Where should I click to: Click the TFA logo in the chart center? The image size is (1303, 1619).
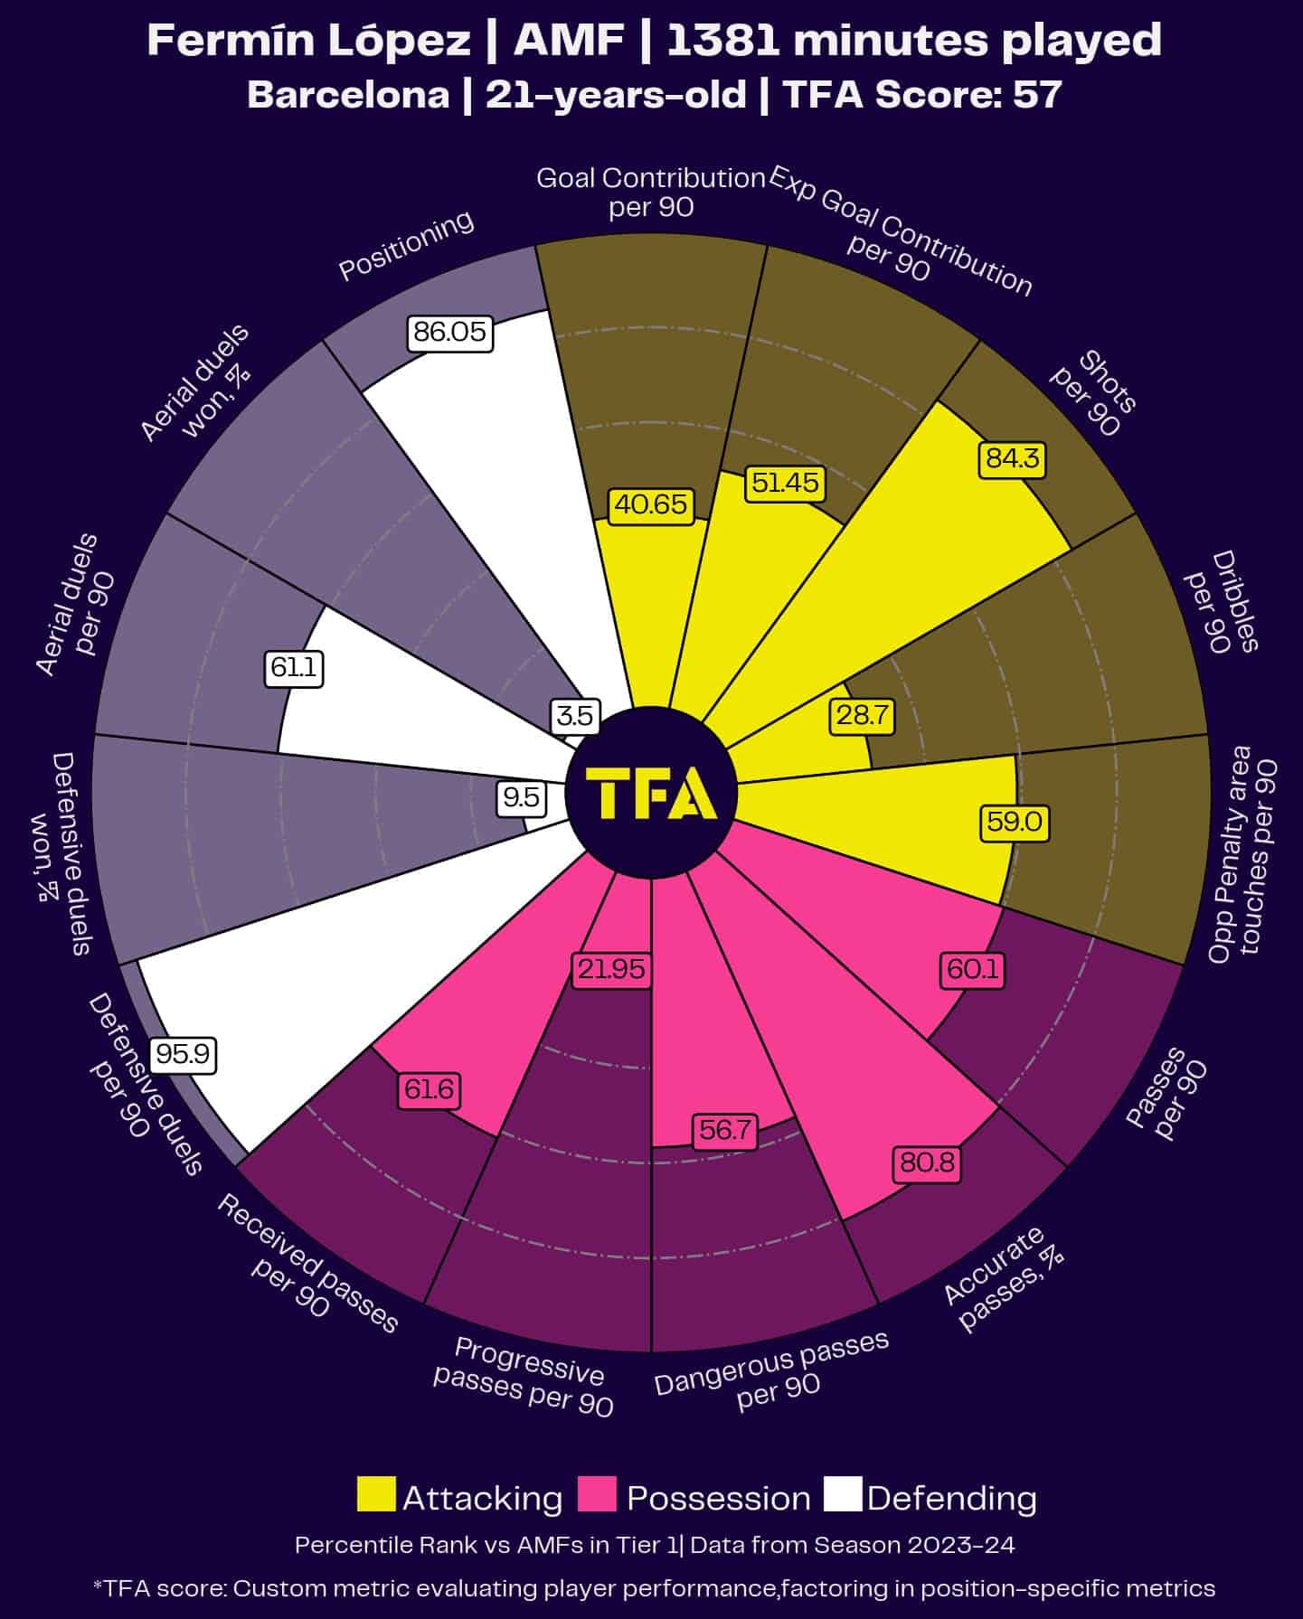651,793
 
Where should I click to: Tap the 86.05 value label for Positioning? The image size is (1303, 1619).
449,333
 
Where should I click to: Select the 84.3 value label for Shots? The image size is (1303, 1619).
1012,459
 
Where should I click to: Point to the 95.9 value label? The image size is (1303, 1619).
183,1054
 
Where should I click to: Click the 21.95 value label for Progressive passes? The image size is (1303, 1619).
612,969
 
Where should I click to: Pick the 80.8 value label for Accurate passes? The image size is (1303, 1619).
928,1162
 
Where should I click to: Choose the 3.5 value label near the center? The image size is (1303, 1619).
575,716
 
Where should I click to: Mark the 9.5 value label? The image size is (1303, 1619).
522,796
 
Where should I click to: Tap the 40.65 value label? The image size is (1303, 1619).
651,504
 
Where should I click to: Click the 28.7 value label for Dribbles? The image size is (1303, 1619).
862,716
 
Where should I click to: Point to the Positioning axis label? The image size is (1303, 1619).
406,245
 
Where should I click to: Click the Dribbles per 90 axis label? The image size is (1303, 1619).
1222,602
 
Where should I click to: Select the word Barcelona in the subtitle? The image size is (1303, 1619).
348,95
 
